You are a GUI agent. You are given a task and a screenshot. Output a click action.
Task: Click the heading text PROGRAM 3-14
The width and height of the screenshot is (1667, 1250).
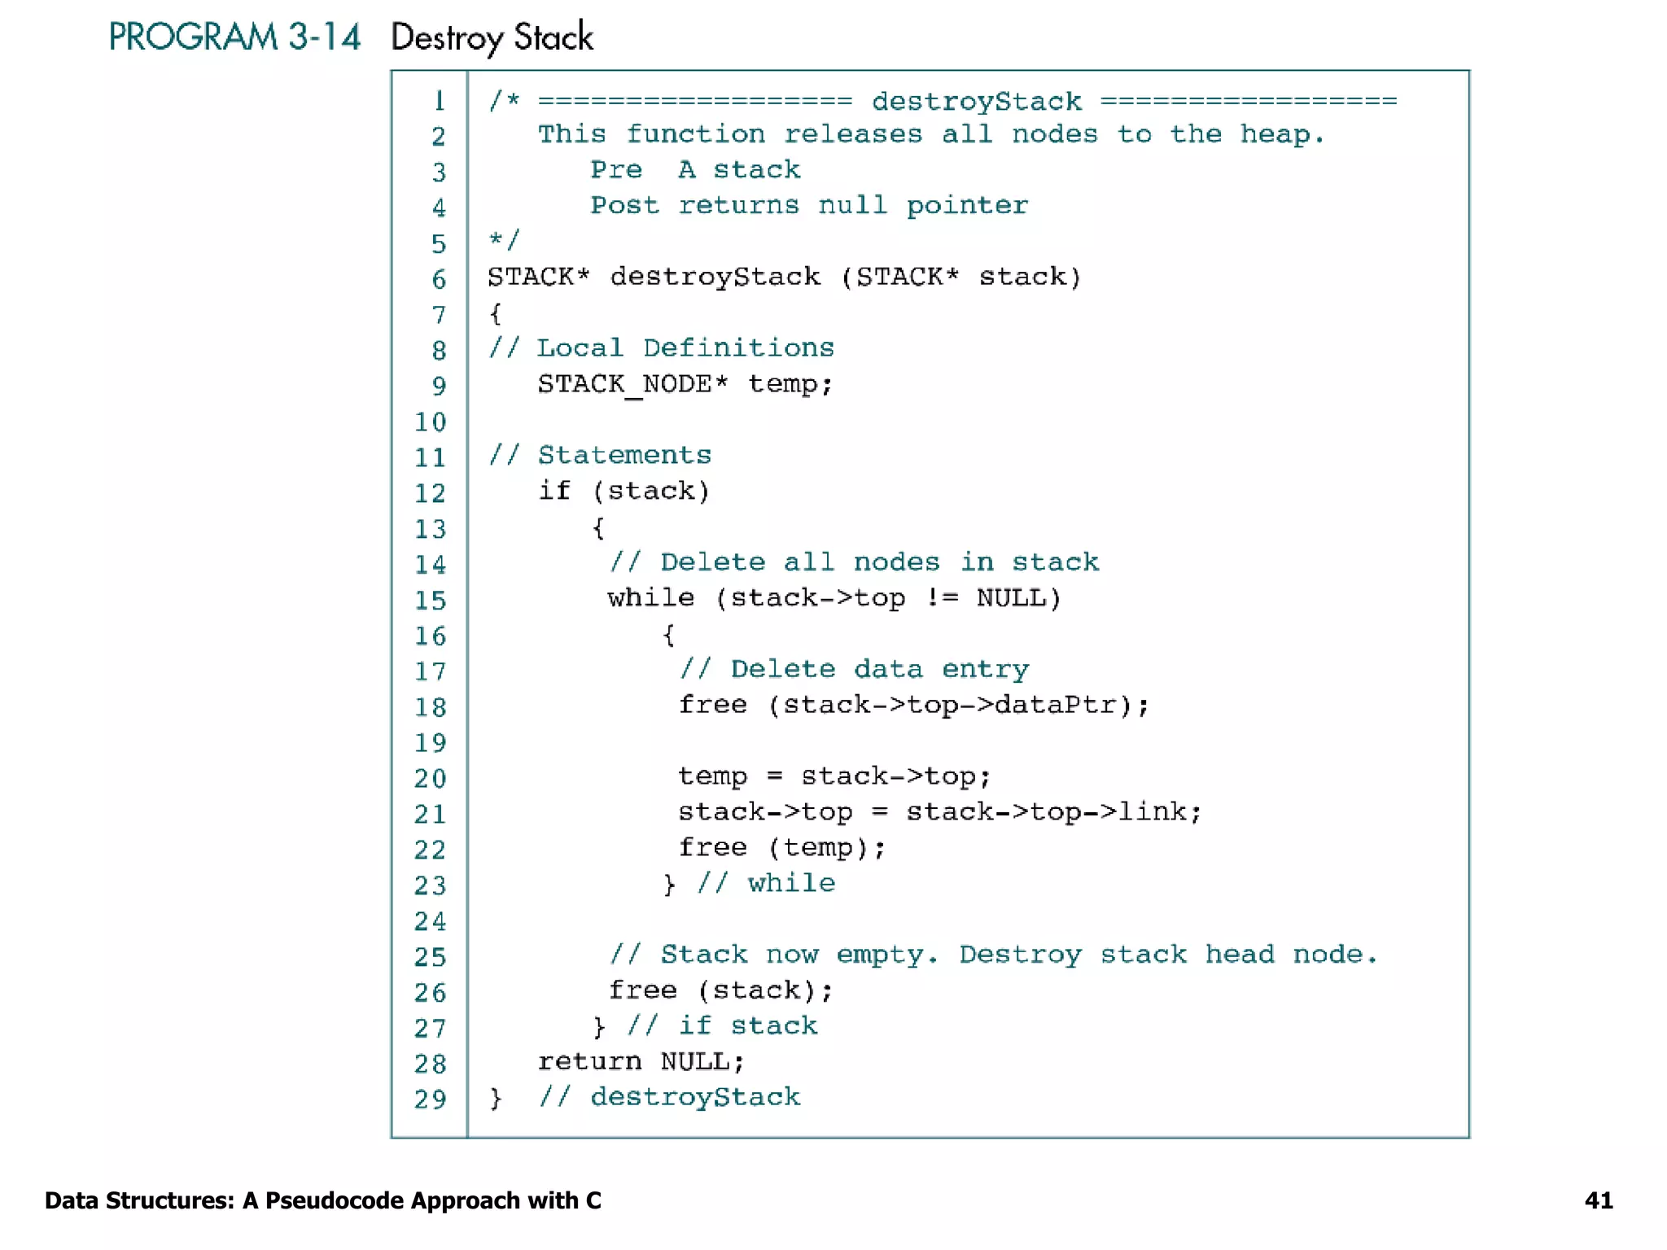(234, 37)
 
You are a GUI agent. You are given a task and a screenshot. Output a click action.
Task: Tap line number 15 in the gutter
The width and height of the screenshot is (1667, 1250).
(430, 601)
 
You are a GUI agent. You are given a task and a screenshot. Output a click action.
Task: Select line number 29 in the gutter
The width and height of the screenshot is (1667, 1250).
(430, 1099)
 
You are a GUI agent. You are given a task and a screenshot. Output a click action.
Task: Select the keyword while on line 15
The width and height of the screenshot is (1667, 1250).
(650, 598)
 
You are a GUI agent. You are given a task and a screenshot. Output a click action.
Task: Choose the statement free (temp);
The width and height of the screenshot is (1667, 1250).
(781, 848)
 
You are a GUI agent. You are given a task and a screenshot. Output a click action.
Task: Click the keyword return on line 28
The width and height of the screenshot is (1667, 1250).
(589, 1061)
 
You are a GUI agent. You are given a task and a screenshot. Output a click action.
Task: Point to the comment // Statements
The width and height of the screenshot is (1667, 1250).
(600, 455)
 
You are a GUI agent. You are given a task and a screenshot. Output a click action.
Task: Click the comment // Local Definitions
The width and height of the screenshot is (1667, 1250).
(661, 348)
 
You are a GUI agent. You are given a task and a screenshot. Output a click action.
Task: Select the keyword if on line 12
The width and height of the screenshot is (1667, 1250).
(554, 491)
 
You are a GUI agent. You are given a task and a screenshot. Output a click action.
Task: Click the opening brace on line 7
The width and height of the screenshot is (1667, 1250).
(495, 313)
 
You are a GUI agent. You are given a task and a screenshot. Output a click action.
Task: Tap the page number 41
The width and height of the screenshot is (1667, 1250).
(1598, 1200)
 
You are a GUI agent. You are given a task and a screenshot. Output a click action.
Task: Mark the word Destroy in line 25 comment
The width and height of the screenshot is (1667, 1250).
(1020, 955)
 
